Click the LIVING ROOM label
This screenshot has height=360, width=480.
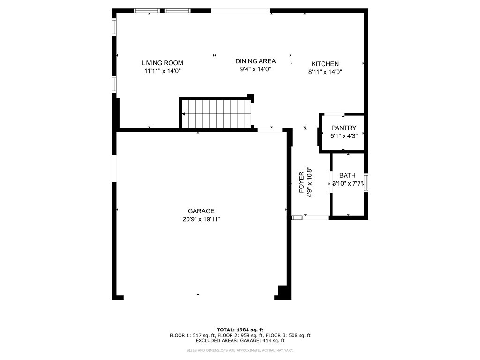[x=162, y=63]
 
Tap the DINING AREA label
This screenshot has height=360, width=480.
[x=255, y=61]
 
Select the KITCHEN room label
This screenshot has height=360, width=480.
[x=325, y=64]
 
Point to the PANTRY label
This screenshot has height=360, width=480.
[x=344, y=128]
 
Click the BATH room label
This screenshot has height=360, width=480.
[x=347, y=175]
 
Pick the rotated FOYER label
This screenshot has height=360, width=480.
[x=301, y=182]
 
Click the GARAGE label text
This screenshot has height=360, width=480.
[x=201, y=211]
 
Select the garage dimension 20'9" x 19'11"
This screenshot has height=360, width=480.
[x=201, y=218]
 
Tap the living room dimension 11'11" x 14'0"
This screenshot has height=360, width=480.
[x=162, y=71]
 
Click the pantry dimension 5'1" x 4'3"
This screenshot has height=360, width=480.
[x=344, y=136]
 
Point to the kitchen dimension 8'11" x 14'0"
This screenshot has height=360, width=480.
[x=325, y=72]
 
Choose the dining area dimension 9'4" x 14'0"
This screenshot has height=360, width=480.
[x=255, y=69]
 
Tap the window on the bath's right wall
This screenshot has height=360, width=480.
[x=366, y=183]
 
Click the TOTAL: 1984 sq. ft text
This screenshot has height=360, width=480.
[x=240, y=330]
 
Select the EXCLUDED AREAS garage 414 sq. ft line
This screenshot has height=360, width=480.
[x=240, y=341]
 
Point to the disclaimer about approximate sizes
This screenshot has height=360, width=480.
[x=240, y=350]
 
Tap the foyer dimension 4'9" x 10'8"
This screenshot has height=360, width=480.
[x=309, y=182]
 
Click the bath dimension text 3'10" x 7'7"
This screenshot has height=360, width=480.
[x=347, y=183]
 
